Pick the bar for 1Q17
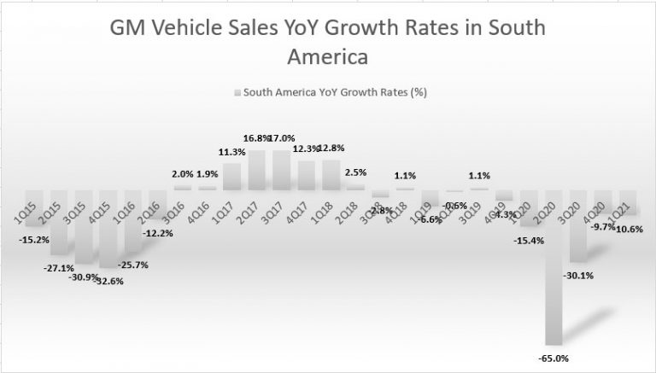[232, 177]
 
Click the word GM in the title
[127, 29]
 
